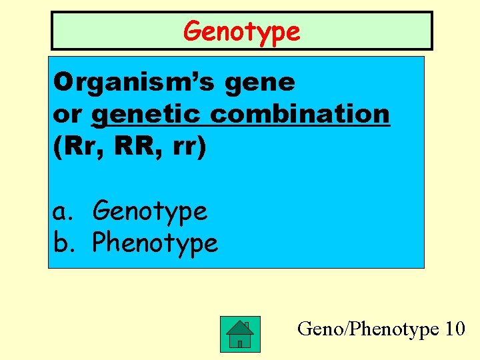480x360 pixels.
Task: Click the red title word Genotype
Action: [242, 31]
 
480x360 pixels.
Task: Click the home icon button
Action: [240, 334]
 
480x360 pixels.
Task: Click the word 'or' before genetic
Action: [67, 115]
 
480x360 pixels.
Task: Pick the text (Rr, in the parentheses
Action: [77, 147]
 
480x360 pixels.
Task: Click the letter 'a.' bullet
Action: [64, 212]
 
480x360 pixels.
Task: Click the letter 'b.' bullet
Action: [64, 243]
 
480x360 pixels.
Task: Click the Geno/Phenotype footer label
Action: [368, 329]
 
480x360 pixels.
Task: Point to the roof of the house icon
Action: [239, 325]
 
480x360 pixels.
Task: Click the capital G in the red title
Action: [193, 31]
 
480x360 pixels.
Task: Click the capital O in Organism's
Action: [65, 83]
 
